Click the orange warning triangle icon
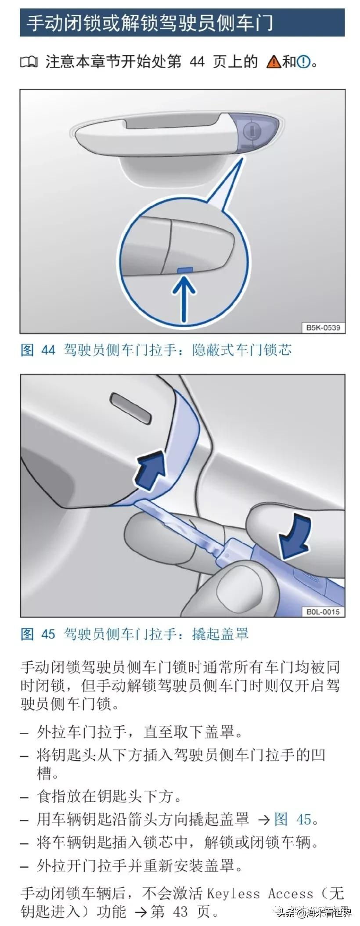point(273,62)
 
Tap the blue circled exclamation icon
point(303,62)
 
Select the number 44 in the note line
point(197,61)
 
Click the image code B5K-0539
point(323,328)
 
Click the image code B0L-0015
point(323,612)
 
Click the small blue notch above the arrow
point(185,269)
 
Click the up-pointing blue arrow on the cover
point(151,472)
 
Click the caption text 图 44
point(38,350)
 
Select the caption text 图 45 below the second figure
point(38,634)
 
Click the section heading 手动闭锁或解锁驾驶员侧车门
point(149,22)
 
